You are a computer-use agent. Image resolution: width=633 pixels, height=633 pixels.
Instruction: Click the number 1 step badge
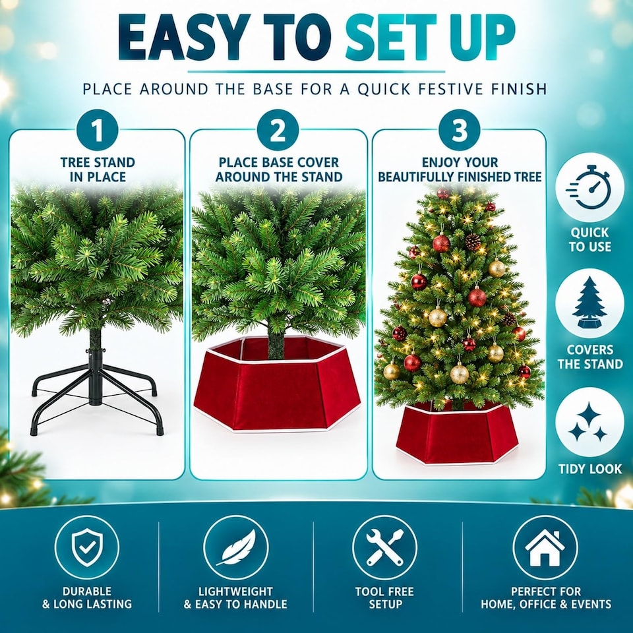click(x=97, y=131)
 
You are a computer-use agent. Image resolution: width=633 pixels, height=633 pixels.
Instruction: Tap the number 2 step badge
click(x=278, y=131)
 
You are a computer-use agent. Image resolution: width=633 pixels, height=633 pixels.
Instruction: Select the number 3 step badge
click(x=460, y=131)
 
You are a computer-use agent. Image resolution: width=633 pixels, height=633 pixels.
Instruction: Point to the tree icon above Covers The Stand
click(x=589, y=303)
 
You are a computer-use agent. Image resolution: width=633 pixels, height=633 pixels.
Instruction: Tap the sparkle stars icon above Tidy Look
click(x=589, y=422)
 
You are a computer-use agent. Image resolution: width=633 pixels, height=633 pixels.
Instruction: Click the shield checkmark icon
click(x=87, y=548)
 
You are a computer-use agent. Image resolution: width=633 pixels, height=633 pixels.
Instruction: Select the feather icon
click(x=236, y=548)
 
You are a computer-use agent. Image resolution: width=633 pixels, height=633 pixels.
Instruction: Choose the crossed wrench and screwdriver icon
click(x=384, y=548)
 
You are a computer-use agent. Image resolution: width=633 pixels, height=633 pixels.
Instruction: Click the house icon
click(x=545, y=548)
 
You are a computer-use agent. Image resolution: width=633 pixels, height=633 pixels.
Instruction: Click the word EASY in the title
click(x=183, y=38)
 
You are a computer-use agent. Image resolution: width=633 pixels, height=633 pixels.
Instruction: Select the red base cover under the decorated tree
click(x=457, y=432)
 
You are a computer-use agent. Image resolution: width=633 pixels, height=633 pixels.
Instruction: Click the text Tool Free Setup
click(x=384, y=598)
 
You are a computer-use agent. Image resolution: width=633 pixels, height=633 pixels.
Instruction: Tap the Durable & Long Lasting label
click(x=87, y=598)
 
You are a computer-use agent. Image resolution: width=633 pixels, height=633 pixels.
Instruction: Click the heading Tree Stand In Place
click(x=98, y=169)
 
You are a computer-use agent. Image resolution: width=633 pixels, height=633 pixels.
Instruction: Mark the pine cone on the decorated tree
click(x=473, y=242)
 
